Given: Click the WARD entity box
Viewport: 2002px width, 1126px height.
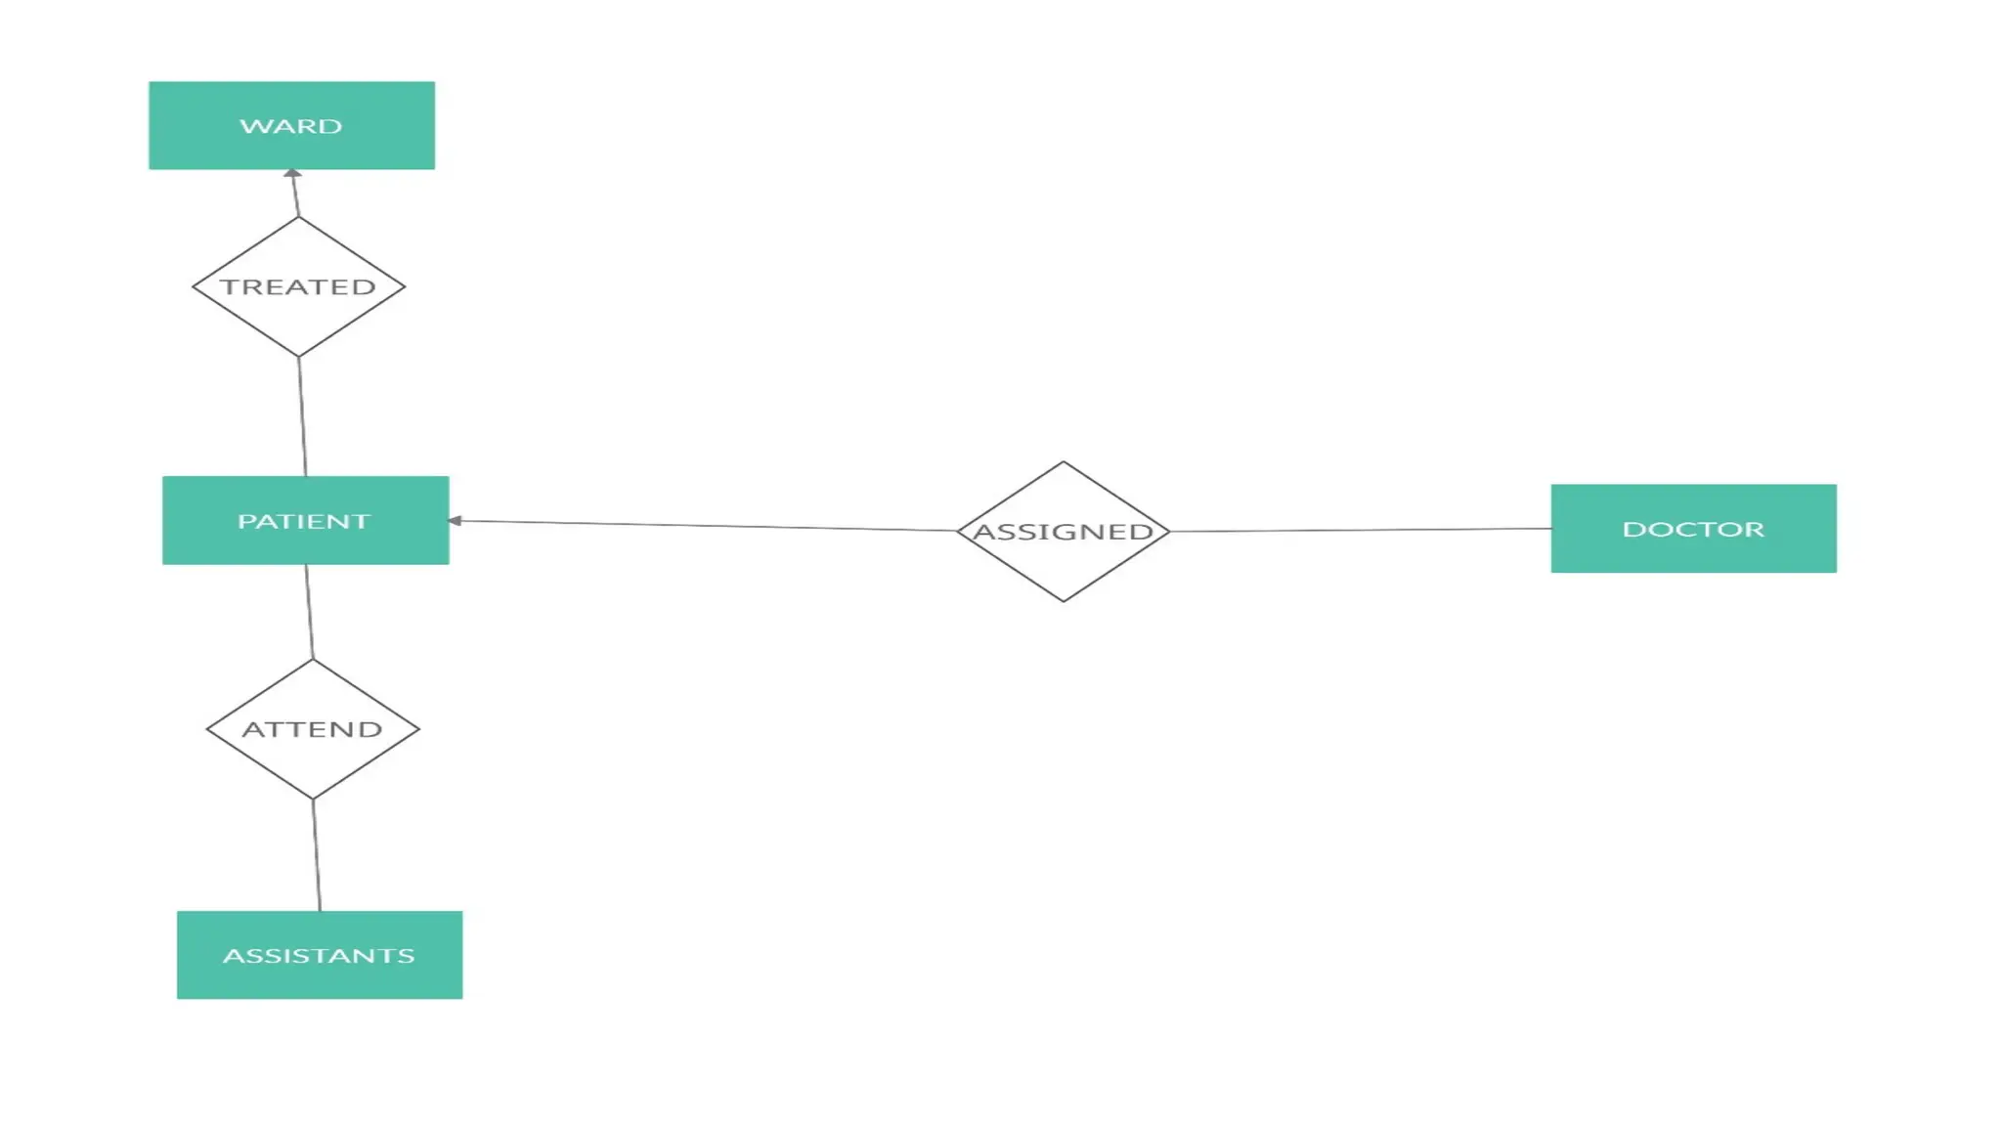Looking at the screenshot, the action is [291, 125].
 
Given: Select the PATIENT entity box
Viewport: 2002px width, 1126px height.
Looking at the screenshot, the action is [305, 520].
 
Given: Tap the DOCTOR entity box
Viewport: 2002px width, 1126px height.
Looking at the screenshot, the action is [1693, 529].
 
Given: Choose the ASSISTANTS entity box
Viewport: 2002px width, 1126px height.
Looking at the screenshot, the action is [319, 955].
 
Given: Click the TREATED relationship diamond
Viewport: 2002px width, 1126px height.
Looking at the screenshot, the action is [298, 286].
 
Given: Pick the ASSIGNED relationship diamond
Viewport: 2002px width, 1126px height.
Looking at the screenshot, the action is [1064, 532].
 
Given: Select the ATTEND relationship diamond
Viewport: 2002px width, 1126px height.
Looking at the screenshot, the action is [313, 729].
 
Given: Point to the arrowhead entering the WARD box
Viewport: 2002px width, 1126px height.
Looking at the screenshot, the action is [292, 174].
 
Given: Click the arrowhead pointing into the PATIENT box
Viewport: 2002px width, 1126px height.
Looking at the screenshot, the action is [455, 521].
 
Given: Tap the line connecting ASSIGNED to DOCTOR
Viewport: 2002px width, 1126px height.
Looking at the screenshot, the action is [1359, 531].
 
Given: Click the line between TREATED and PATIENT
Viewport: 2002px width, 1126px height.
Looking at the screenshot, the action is [302, 416].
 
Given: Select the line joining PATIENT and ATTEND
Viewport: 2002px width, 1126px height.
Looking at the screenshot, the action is [310, 612].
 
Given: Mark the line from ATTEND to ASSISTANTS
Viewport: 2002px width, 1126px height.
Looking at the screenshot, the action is [317, 855].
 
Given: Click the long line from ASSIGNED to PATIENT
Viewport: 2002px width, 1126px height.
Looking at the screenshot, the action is [704, 526].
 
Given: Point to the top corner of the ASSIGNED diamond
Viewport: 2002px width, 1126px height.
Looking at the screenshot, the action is [1064, 463].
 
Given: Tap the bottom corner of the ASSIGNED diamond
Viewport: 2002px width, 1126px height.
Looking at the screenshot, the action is [1064, 600].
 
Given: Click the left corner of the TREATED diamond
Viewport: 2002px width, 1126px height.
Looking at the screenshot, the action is [195, 286].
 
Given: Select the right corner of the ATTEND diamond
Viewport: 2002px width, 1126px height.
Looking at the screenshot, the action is [417, 729].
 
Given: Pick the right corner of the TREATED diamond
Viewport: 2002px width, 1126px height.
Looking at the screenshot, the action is [403, 286].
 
